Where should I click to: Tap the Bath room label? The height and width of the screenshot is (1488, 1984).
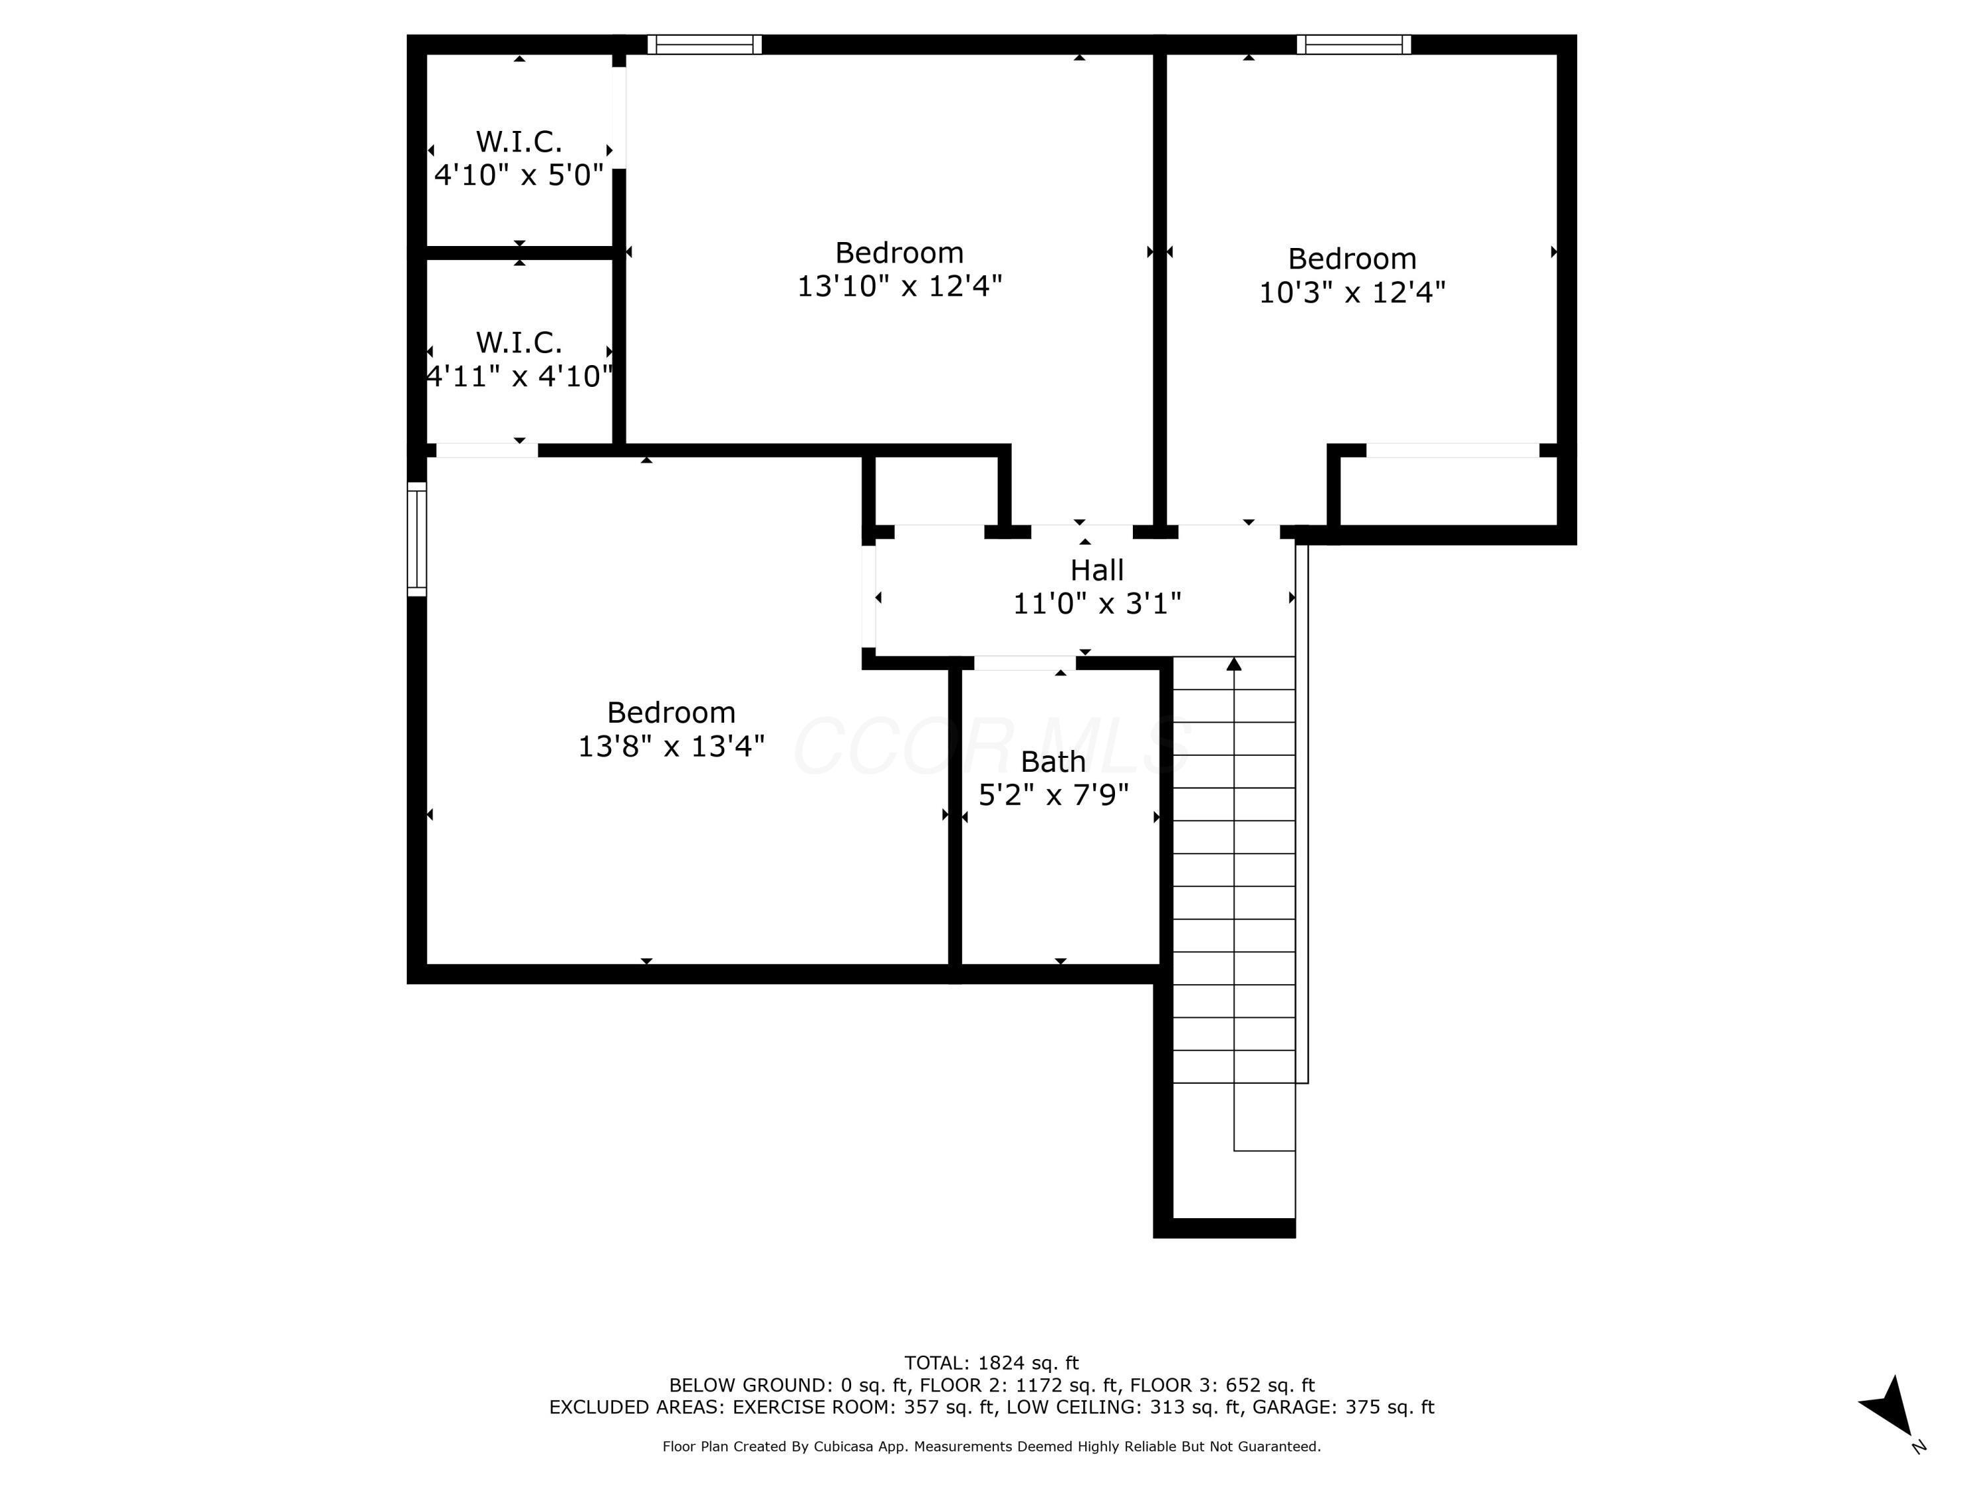(x=1052, y=761)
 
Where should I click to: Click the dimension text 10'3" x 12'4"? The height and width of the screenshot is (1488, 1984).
(x=1352, y=292)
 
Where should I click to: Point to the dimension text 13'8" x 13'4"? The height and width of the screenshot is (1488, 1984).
(x=671, y=746)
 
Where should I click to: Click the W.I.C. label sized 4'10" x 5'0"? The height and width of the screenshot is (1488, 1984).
(x=518, y=142)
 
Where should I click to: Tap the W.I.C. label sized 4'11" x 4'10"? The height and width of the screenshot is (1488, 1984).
(x=518, y=343)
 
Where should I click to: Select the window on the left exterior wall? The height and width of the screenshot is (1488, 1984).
(x=416, y=539)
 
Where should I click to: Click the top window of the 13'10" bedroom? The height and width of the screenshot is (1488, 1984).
(x=704, y=44)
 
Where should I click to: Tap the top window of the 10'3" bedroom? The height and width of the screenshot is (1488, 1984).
(x=1354, y=44)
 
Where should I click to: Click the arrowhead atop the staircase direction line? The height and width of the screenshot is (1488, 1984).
(x=1234, y=664)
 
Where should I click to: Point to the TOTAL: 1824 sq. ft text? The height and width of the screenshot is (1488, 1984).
(x=991, y=1363)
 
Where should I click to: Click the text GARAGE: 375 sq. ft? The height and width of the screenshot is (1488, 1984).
(x=1343, y=1407)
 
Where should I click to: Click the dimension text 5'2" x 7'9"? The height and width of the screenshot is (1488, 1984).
(x=1052, y=795)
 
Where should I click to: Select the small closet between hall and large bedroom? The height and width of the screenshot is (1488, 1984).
(x=936, y=491)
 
